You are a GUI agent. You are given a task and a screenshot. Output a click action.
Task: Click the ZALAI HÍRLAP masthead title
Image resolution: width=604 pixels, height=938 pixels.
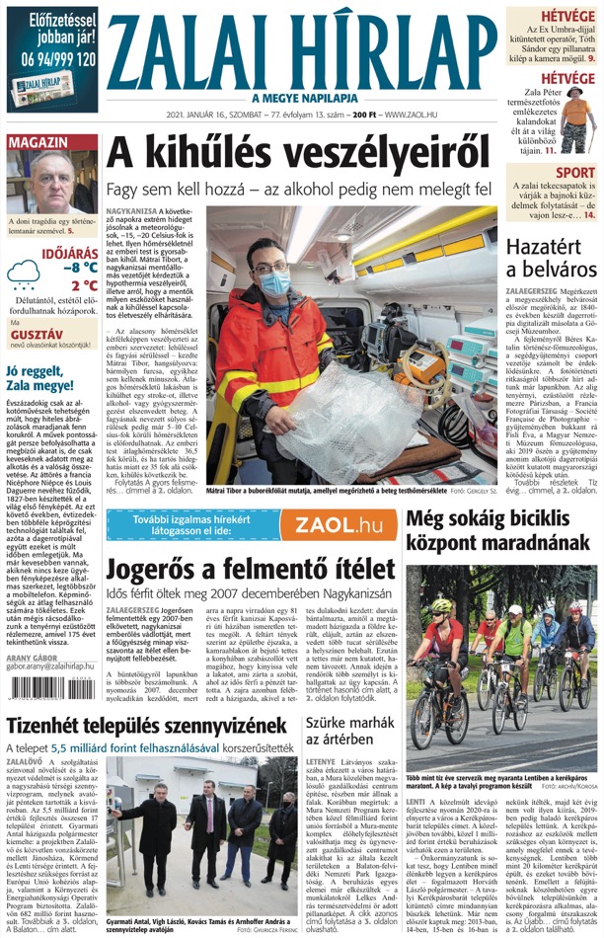coord(306,51)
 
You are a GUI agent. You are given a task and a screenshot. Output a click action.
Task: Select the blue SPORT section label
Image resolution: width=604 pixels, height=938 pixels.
coord(574,174)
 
